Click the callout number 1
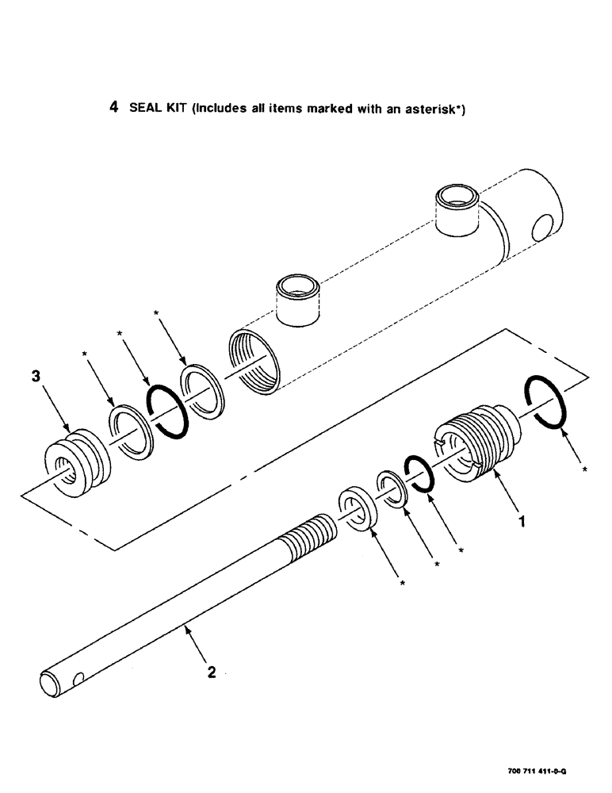(x=521, y=523)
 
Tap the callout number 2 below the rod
(x=211, y=672)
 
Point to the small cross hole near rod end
(x=76, y=679)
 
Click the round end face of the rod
(x=48, y=683)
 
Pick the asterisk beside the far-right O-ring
(x=584, y=470)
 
